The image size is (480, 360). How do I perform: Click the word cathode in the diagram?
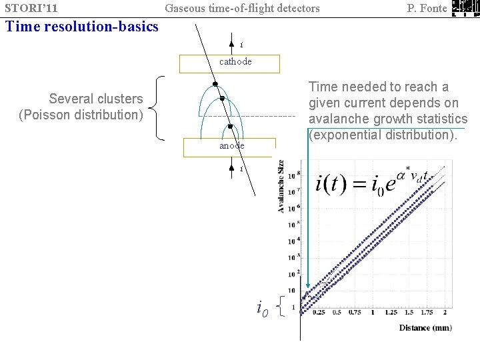(235, 62)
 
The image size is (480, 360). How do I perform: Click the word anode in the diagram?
(231, 145)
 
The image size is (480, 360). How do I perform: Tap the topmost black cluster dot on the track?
(215, 85)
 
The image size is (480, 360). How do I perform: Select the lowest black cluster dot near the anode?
(229, 126)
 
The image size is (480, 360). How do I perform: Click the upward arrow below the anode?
(231, 167)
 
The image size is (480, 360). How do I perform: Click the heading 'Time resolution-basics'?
(81, 27)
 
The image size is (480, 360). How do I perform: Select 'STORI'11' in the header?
(31, 9)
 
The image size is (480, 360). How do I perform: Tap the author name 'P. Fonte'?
(427, 9)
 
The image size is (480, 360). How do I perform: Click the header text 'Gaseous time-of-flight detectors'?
(242, 9)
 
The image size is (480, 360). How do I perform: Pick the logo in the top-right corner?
(465, 9)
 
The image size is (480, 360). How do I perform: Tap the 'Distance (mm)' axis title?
(425, 327)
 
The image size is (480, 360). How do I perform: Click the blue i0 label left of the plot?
(263, 307)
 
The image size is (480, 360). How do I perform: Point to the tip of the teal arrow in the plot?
(307, 294)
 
